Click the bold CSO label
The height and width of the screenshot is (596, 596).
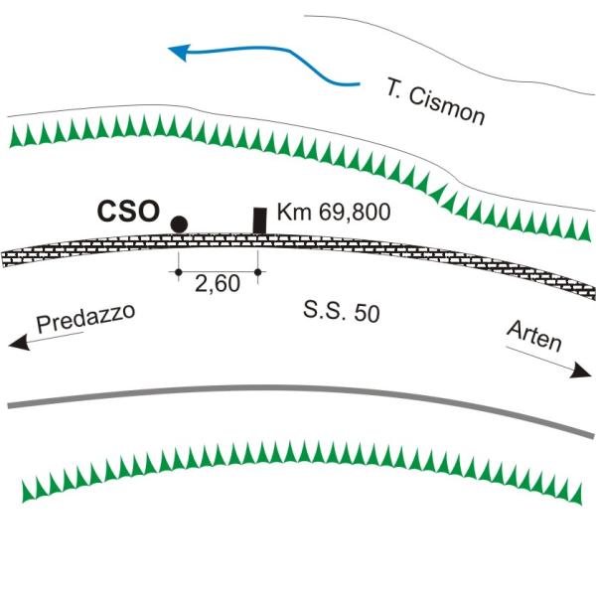tap(128, 212)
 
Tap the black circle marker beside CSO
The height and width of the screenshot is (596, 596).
tap(179, 224)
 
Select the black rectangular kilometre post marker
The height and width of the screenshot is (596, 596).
tap(259, 221)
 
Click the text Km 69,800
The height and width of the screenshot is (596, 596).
tap(334, 212)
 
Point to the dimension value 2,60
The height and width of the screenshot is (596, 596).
tap(218, 283)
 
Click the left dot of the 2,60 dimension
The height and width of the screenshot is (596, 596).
tap(178, 272)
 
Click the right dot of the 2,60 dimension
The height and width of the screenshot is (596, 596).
tap(257, 272)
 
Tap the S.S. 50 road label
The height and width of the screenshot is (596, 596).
tap(342, 312)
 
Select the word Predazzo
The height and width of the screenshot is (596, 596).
tap(85, 318)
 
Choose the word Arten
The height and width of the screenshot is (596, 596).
tap(534, 336)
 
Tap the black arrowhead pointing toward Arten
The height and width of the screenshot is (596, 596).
tap(581, 371)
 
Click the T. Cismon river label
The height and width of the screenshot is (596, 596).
tap(436, 101)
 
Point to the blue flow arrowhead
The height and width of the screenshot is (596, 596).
tap(179, 52)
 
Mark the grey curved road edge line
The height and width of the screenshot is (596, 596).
tap(300, 388)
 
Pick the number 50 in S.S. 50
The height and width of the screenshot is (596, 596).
tap(368, 314)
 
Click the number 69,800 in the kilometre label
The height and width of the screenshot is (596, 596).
tap(355, 213)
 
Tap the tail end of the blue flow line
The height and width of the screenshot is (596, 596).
tap(359, 83)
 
